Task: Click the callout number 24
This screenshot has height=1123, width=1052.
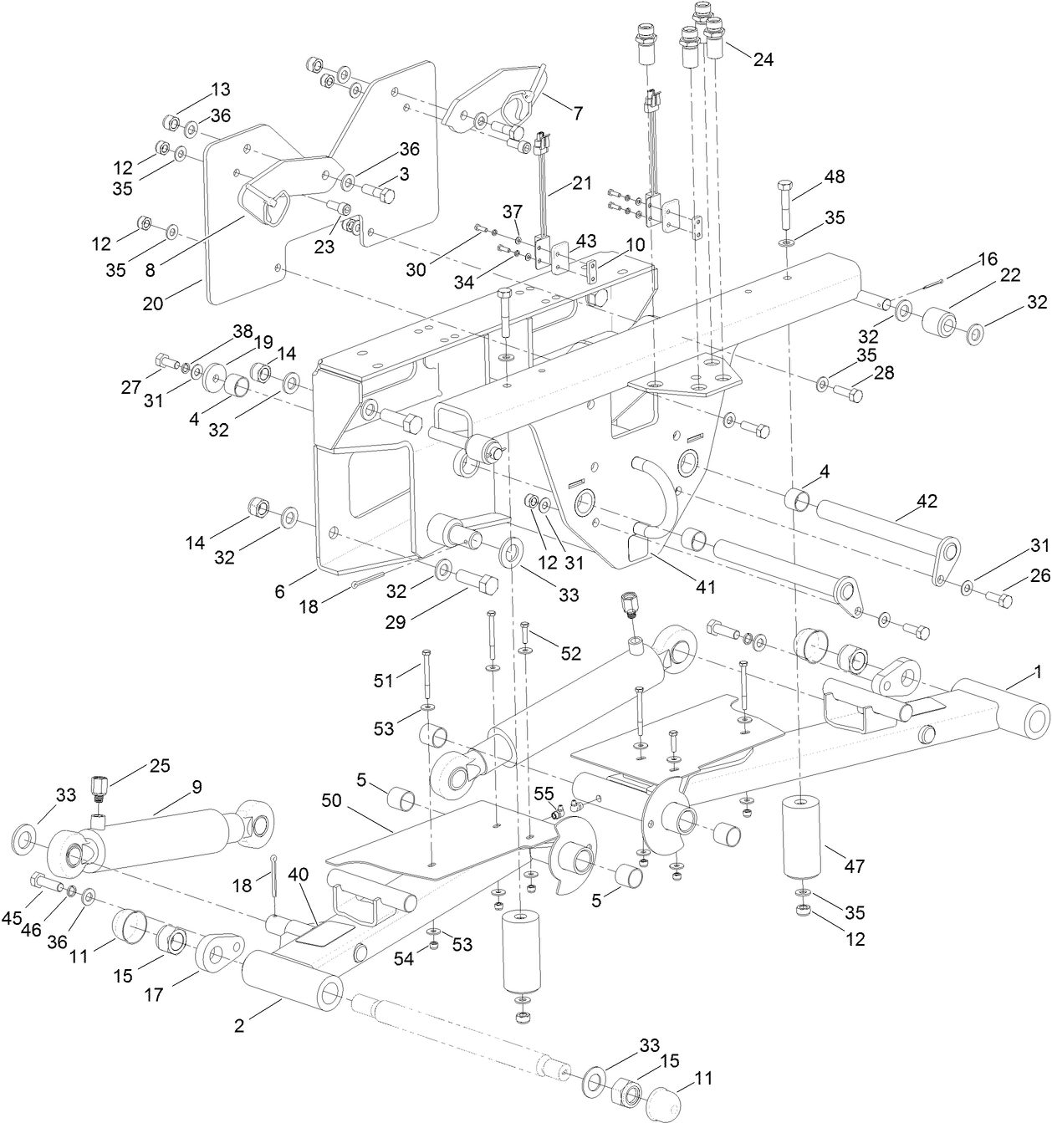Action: (x=763, y=59)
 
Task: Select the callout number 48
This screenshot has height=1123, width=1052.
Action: (x=834, y=176)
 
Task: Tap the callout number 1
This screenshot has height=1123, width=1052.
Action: (x=1038, y=671)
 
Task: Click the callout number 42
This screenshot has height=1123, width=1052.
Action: (x=927, y=501)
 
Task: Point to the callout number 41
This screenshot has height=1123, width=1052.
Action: (x=706, y=587)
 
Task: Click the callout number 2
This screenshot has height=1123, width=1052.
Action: (x=239, y=1025)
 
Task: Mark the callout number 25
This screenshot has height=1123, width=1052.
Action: (x=160, y=765)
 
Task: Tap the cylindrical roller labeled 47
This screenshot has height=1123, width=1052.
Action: (x=801, y=836)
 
